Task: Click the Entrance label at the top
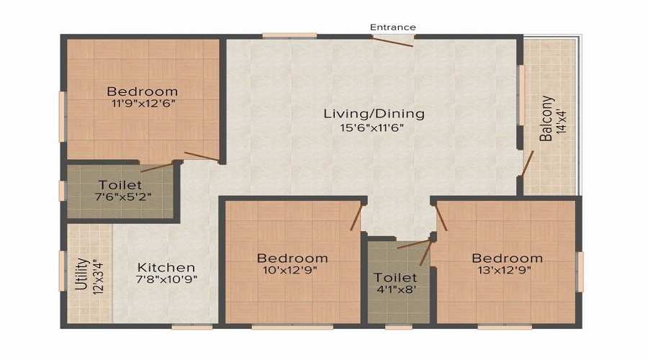point(392,27)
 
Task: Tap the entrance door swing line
point(392,41)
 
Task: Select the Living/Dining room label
point(374,114)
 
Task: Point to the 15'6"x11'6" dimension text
point(372,127)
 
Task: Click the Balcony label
point(546,119)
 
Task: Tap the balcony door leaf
point(527,163)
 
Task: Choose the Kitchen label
point(166,267)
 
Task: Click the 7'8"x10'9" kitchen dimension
point(166,279)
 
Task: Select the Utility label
point(82,274)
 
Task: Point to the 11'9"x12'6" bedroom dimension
point(143,104)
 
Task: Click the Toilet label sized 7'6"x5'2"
point(120,185)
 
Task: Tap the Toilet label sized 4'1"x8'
point(395,277)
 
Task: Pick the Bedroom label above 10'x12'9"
point(292,258)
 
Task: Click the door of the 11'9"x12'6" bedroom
point(202,156)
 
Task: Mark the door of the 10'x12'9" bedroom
point(356,217)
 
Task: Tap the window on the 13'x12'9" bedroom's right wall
point(580,271)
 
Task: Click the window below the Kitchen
point(192,327)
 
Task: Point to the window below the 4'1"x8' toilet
point(399,327)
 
